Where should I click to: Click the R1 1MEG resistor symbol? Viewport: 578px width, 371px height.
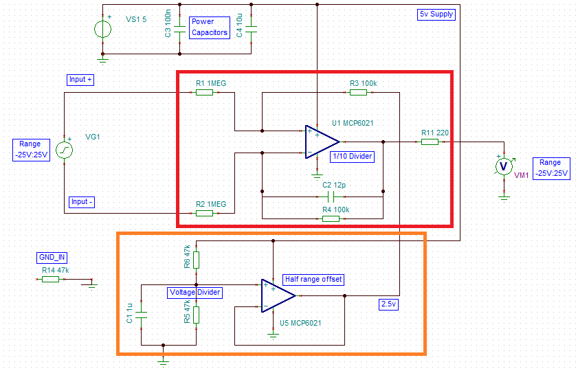pyautogui.click(x=205, y=92)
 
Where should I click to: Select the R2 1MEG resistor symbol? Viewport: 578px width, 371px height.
pyautogui.click(x=205, y=214)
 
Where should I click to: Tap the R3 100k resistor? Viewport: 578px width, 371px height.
pyautogui.click(x=357, y=92)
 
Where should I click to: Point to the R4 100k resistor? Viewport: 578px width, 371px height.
pyautogui.click(x=331, y=218)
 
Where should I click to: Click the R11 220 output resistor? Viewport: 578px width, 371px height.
pyautogui.click(x=430, y=142)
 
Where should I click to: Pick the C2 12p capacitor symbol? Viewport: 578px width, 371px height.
pyautogui.click(x=333, y=196)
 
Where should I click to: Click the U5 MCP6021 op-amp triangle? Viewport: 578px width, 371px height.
pyautogui.click(x=278, y=295)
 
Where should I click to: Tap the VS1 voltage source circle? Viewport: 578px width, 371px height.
pyautogui.click(x=102, y=30)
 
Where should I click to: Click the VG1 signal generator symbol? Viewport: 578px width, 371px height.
pyautogui.click(x=64, y=150)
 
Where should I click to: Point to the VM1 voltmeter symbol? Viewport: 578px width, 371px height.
pyautogui.click(x=504, y=166)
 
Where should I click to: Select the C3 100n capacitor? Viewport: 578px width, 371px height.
pyautogui.click(x=179, y=30)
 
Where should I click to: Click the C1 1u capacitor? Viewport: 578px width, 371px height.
pyautogui.click(x=141, y=315)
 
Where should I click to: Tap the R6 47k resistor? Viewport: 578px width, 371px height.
pyautogui.click(x=196, y=260)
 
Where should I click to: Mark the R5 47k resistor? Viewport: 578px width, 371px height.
pyautogui.click(x=196, y=314)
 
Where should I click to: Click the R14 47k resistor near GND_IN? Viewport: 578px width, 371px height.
pyautogui.click(x=50, y=279)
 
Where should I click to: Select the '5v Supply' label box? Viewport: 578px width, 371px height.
pyautogui.click(x=436, y=14)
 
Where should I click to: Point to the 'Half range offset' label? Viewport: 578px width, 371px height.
pyautogui.click(x=313, y=280)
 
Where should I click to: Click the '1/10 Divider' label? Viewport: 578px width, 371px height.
pyautogui.click(x=352, y=157)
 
